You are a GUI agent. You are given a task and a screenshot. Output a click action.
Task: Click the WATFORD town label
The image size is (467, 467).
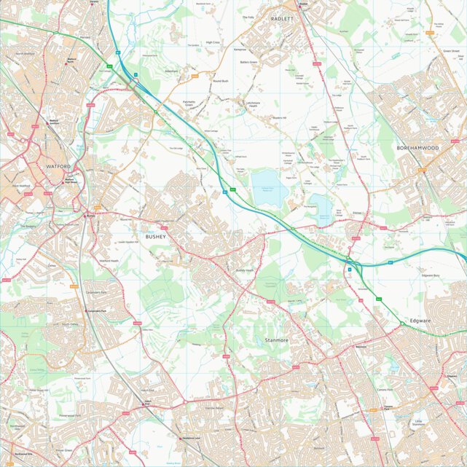[58, 166]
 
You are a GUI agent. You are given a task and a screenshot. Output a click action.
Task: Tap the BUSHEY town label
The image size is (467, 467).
[156, 237]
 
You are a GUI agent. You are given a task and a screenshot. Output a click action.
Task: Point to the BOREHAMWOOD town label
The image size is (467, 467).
[417, 148]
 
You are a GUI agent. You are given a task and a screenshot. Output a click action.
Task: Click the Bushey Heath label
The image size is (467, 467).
[245, 270]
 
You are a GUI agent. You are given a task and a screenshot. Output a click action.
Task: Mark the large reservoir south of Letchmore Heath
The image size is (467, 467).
[270, 187]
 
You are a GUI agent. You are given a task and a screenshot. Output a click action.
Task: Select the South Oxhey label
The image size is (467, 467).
[70, 323]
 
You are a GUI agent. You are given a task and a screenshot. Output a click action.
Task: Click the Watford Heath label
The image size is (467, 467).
[109, 260]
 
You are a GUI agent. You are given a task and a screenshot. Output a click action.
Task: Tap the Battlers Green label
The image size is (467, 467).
[248, 63]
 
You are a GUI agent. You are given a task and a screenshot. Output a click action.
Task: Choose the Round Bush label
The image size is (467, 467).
[220, 81]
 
